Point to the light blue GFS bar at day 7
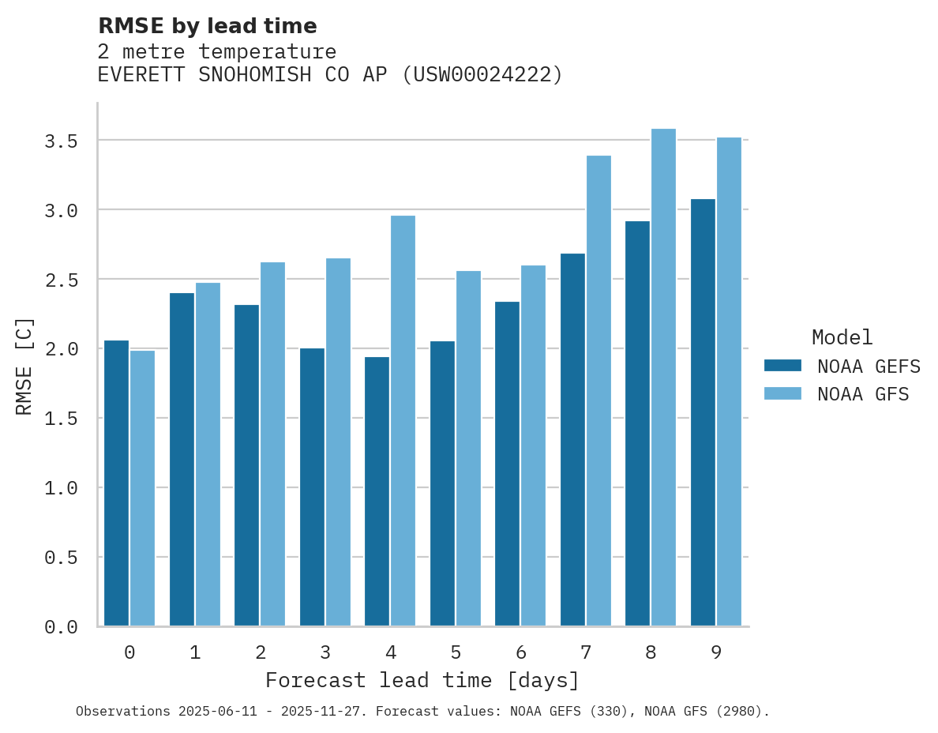point(598,391)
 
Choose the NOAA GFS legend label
point(863,394)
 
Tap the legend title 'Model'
point(842,338)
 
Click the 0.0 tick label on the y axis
point(61,627)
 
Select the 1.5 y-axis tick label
point(61,419)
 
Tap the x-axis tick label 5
point(456,653)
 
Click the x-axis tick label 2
point(260,653)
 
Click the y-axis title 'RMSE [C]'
point(25,366)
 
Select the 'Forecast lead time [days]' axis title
point(422,681)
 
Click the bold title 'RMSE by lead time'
point(207,27)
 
